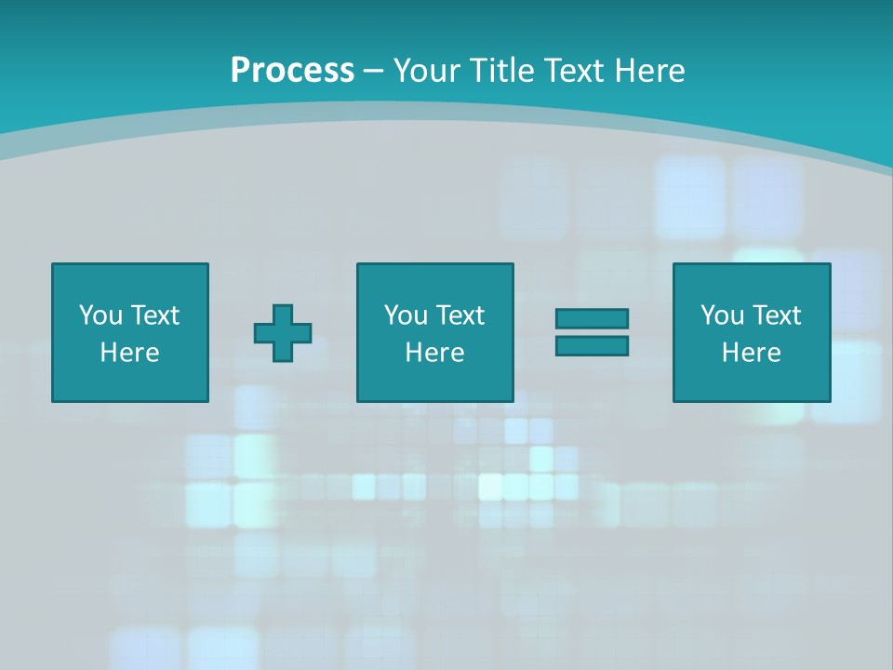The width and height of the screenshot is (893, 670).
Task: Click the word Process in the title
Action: coord(292,71)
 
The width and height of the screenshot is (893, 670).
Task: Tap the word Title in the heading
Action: coord(500,71)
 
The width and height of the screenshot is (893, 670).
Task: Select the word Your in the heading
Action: coord(429,71)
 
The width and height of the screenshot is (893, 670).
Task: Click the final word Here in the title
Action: coord(651,71)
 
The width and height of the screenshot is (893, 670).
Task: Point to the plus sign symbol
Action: coord(283,333)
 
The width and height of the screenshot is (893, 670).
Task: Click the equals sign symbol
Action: coord(592,332)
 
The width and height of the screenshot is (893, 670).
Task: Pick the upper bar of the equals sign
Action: coord(592,319)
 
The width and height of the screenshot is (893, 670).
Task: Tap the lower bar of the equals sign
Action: coord(592,345)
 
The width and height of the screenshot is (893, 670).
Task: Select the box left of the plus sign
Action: coord(130,332)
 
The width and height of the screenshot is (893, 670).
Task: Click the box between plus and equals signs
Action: coord(434,332)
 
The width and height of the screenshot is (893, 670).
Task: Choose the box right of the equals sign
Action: coord(752,332)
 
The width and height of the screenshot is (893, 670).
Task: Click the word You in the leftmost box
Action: coord(100,315)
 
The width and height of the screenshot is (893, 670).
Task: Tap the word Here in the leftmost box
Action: coord(129,353)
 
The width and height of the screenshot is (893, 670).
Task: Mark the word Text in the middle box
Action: coord(460,315)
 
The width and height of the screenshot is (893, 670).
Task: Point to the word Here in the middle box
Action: coord(434,353)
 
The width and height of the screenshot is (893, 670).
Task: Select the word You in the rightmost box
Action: coord(722,315)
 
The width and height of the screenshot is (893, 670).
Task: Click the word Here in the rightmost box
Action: coord(751,353)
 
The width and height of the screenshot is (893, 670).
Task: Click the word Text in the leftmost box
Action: coord(154,315)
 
